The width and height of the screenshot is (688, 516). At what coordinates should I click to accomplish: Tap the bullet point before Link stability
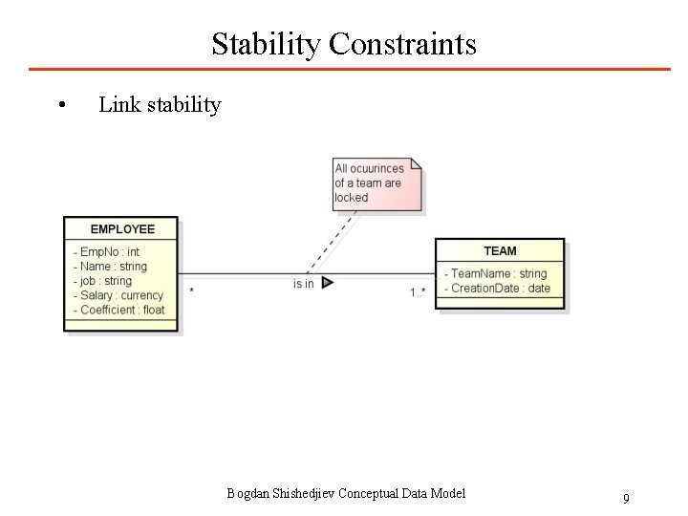pos(61,105)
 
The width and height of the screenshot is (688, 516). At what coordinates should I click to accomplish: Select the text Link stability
pos(160,104)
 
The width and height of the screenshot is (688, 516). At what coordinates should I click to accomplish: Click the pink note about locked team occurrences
pos(376,183)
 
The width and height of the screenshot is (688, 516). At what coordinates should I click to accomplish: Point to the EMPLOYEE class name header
pos(121,229)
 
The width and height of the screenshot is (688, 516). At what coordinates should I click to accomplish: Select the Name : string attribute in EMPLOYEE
pos(113,267)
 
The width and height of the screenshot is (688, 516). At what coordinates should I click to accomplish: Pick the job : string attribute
pos(105,281)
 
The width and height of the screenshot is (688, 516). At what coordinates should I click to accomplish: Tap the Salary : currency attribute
pos(121,295)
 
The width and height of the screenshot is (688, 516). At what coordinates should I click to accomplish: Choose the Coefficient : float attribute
pos(121,310)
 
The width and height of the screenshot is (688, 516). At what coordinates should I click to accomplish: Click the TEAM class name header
pos(500,250)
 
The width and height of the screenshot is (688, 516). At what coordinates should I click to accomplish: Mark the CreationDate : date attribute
pos(500,289)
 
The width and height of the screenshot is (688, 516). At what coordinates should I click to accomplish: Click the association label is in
pos(303,284)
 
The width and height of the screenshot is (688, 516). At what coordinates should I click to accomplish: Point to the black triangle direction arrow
pos(327,283)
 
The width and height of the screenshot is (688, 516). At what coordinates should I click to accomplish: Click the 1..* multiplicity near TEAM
pos(418,291)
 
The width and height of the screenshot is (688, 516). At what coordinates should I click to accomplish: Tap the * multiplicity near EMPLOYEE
pos(192,290)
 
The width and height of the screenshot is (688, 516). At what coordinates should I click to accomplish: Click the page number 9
pos(626,498)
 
